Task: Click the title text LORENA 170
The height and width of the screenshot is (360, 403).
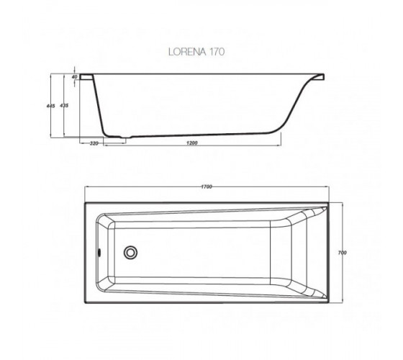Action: pos(196,52)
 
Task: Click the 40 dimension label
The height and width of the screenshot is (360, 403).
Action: pos(75,76)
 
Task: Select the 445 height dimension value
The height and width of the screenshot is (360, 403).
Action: pos(51,106)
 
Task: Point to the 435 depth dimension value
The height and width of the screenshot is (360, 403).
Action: pos(64,105)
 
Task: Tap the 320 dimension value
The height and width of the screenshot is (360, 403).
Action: pos(94,143)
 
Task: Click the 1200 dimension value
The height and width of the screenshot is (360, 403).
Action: pos(191,143)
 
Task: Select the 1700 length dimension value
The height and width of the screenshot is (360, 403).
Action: pos(207,186)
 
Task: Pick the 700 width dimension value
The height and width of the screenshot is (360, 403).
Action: pos(343,253)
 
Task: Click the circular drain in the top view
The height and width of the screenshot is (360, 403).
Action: pos(130,252)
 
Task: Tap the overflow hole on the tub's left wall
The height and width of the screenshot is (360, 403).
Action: pos(99,252)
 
